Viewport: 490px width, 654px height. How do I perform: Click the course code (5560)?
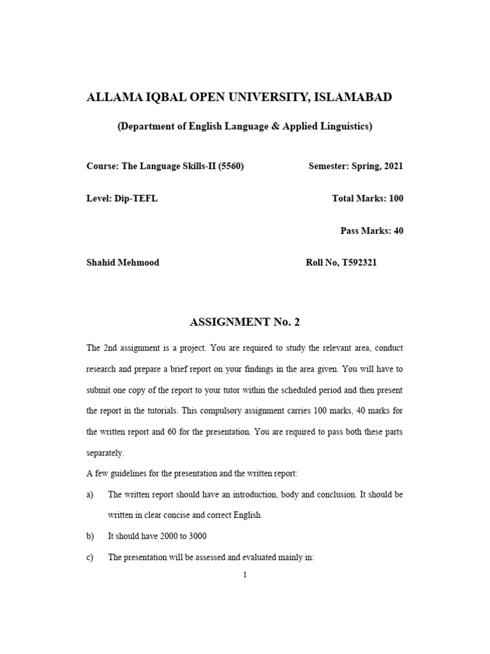232,166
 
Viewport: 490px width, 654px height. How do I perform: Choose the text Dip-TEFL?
137,199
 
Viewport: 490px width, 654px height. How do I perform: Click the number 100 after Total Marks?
396,199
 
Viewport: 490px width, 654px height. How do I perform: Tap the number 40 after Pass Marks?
398,231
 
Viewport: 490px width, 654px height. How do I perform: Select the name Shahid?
103,262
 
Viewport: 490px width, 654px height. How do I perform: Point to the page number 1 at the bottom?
244,575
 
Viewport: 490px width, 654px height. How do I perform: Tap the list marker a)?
90,494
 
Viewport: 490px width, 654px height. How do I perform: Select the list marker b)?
90,536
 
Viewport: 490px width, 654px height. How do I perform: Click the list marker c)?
90,557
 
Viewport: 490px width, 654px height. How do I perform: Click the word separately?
105,453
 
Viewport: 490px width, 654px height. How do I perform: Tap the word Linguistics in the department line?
348,126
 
